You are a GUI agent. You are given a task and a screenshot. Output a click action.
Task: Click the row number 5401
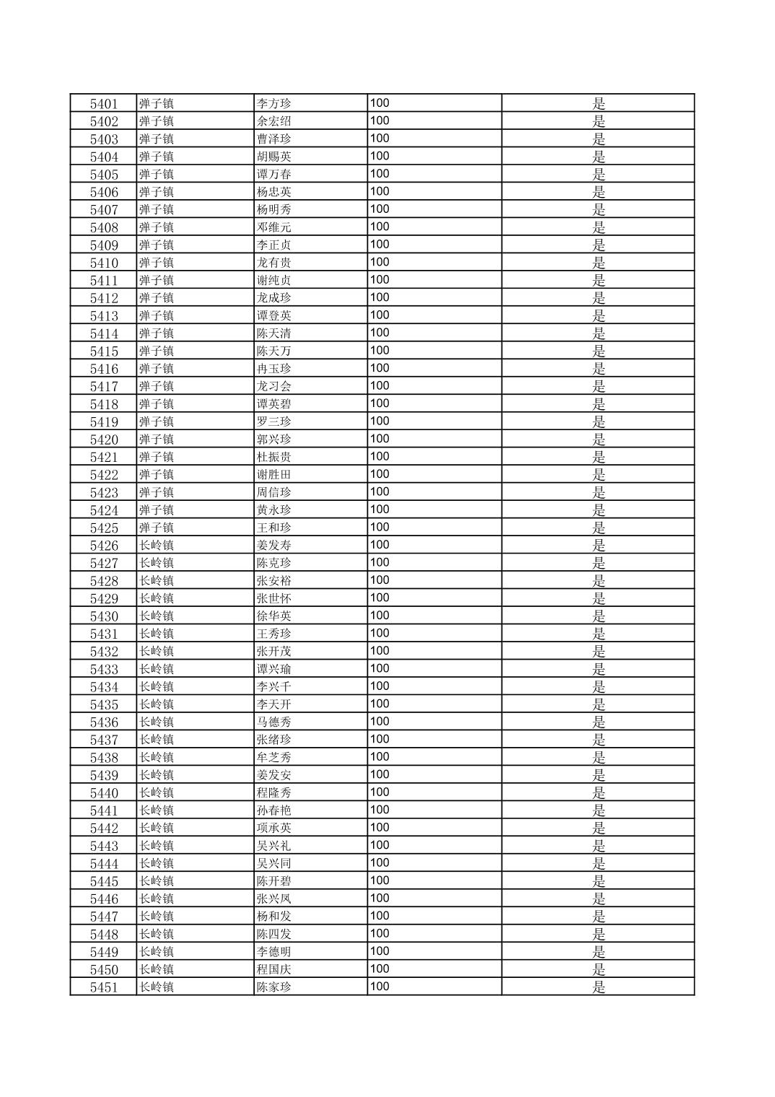tap(103, 104)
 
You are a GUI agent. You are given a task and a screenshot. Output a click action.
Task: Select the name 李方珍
tap(274, 104)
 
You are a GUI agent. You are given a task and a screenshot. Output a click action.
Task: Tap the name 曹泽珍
tap(274, 139)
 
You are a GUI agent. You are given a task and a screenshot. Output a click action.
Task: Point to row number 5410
tap(103, 263)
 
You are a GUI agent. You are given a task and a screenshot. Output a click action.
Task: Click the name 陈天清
tap(274, 333)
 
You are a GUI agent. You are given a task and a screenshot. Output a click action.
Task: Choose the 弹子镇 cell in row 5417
tap(157, 386)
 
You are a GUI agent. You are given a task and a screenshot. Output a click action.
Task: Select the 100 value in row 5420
tap(380, 439)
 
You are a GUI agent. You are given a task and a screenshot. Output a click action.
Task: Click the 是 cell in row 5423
tap(598, 492)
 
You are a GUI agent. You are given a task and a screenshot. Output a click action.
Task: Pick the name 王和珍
tap(274, 528)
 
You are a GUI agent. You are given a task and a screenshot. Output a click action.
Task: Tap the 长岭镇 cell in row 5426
tap(157, 546)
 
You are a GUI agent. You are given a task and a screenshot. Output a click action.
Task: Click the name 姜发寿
tap(274, 546)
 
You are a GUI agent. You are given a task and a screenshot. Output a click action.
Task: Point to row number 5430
tap(103, 616)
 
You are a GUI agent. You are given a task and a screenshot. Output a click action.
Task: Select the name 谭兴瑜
tap(274, 669)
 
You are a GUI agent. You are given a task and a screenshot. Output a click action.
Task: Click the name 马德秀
tap(274, 722)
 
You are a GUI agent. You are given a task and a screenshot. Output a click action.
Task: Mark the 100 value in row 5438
tap(380, 757)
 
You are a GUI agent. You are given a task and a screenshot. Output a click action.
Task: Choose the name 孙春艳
tap(274, 810)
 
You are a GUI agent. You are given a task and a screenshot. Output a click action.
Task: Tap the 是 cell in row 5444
tap(598, 863)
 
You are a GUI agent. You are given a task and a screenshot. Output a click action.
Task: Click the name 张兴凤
tap(274, 899)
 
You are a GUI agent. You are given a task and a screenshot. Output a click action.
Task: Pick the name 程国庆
tap(274, 969)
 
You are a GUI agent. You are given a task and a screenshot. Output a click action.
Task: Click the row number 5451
tap(103, 987)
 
